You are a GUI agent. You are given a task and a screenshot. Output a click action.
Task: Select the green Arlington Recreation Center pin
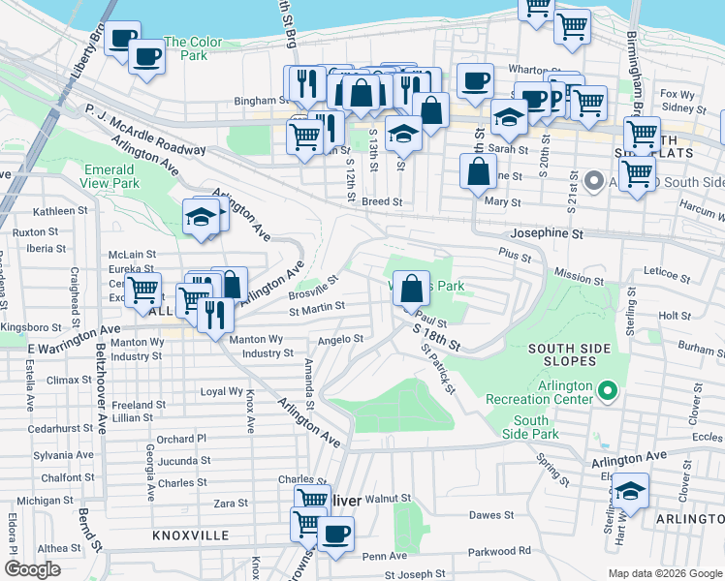pos(608,391)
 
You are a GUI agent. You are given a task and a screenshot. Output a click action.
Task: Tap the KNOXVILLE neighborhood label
pos(190,535)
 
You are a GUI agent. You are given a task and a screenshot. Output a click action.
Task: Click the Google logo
pos(33,569)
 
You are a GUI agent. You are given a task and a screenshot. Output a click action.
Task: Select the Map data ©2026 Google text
pos(665,573)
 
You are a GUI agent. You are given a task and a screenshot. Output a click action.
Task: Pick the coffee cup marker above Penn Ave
pos(335,534)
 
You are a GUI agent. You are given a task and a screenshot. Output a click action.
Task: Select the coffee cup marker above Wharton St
pos(474,81)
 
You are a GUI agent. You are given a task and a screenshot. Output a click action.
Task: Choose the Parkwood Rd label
pos(497,551)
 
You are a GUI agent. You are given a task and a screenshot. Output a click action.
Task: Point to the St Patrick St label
pos(438,371)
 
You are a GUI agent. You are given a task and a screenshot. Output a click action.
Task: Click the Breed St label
pos(382,202)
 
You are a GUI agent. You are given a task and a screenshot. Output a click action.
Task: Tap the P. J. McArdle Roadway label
pos(145,131)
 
